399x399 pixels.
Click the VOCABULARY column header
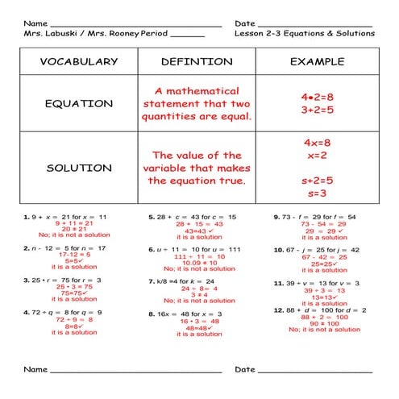[78, 61]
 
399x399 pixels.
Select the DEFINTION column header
[197, 61]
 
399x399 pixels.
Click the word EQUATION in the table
[78, 104]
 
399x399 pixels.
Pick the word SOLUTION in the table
[78, 168]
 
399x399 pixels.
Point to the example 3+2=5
[317, 111]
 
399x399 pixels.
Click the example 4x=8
[317, 143]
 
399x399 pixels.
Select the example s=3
[317, 193]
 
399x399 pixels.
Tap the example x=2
[317, 156]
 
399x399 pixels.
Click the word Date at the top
[245, 23]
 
